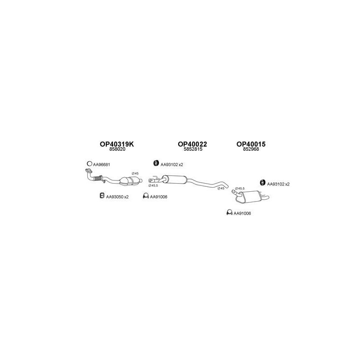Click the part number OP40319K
[x=117, y=144]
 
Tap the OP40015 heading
[x=251, y=144]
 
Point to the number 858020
[x=117, y=150]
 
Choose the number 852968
[x=251, y=150]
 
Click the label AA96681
[x=102, y=165]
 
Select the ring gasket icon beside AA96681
[x=90, y=164]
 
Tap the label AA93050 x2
[x=117, y=197]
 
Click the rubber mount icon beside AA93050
[x=102, y=196]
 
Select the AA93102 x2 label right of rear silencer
[x=278, y=184]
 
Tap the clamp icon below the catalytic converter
[x=145, y=196]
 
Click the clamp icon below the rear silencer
[x=229, y=213]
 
